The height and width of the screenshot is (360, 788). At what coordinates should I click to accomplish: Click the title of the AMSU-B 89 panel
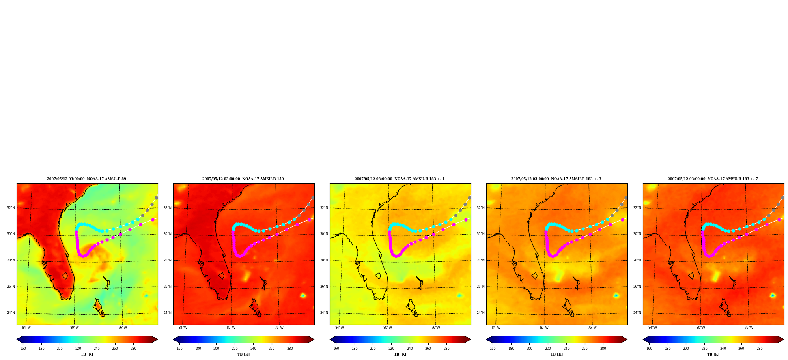coord(86,179)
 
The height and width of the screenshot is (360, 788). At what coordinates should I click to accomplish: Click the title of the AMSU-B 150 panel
coord(243,179)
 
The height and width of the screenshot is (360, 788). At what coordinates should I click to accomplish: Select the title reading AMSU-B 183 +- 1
coord(400,179)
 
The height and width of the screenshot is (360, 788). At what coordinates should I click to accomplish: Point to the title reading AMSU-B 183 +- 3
coord(556,179)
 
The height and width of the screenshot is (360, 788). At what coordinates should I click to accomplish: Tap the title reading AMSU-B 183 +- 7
coord(713,179)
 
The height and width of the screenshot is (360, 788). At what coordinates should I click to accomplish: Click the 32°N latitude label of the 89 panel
coord(11,208)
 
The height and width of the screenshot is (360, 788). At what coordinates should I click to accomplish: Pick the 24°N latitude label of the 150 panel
coord(167,313)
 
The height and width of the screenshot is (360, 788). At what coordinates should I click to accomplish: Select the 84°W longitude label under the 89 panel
coord(26,328)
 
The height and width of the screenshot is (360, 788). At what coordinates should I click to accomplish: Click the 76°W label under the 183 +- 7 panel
coord(749,328)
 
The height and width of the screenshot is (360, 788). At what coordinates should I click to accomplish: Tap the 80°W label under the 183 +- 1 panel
coord(387,328)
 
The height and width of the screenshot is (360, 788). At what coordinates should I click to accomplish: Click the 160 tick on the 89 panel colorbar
coord(23,349)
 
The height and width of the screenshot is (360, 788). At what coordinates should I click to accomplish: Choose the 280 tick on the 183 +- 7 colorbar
coord(760,349)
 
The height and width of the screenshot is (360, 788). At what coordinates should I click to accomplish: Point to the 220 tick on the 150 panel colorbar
coord(235,349)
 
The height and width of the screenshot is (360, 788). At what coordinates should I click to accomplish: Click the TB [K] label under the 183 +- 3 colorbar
coord(556,354)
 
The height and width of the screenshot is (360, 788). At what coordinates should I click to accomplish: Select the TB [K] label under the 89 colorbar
coord(87,354)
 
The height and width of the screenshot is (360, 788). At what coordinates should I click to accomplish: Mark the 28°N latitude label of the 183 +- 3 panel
coord(480,260)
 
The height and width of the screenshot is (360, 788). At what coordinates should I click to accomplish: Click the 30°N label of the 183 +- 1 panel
coord(324,234)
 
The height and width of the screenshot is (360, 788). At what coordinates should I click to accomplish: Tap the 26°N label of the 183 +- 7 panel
coord(637,287)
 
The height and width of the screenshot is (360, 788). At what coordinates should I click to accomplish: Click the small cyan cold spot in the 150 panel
coord(303,295)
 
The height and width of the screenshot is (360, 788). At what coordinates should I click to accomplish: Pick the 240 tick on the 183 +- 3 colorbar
coord(566,349)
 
